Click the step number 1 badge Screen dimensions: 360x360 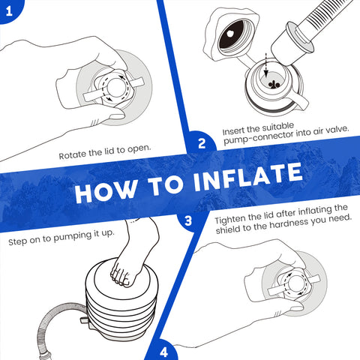[9, 10]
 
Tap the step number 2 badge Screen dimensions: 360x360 [202, 143]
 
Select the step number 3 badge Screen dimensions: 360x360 [188, 220]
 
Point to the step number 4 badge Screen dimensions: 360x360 [163, 352]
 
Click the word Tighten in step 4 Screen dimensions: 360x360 [230, 219]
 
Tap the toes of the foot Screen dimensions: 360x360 [120, 277]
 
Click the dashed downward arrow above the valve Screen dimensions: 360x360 [266, 64]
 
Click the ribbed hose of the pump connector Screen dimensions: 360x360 [325, 16]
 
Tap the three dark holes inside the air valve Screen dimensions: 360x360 [274, 85]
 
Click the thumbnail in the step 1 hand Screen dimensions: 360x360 [116, 116]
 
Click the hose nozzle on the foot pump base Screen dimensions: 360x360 [84, 321]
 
